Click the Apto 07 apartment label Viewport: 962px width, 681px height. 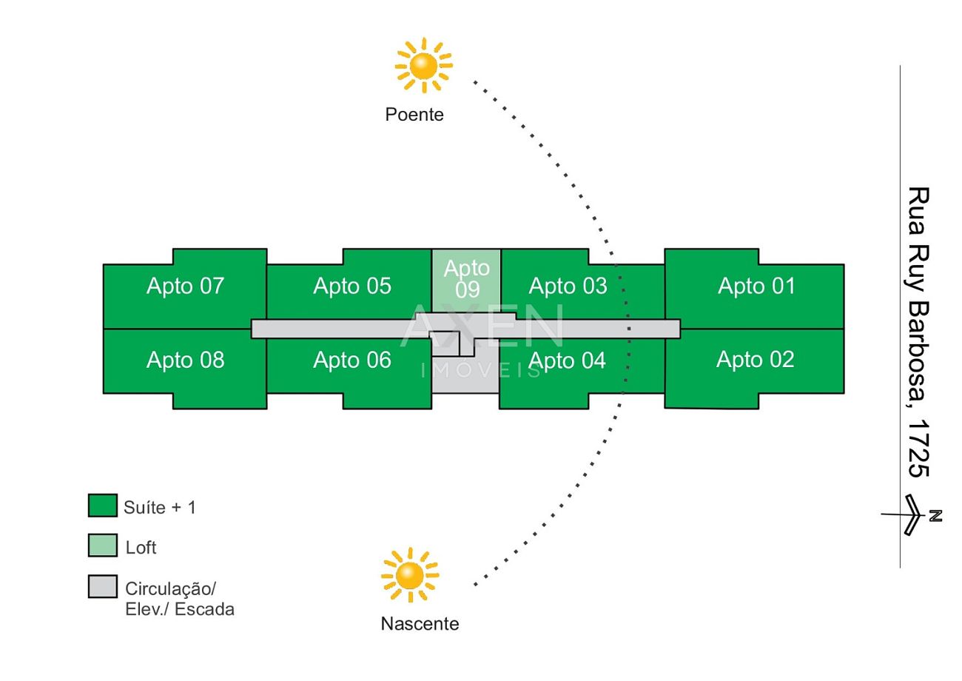point(185,286)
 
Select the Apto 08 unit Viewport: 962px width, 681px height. point(185,360)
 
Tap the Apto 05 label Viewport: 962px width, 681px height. point(351,286)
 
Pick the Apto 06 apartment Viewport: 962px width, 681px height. point(351,360)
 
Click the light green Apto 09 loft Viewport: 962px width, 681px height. point(466,279)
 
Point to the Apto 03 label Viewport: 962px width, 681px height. point(568,286)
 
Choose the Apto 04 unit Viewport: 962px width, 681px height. point(568,361)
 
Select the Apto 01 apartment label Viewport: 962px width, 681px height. point(756,286)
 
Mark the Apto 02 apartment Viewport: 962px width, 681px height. point(755,360)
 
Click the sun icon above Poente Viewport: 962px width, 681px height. point(423,65)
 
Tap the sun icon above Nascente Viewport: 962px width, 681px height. point(409,575)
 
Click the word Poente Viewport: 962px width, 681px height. point(414,115)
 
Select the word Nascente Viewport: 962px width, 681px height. point(420,624)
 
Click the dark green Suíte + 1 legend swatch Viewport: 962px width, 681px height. point(103,506)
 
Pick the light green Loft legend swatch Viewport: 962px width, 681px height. point(103,546)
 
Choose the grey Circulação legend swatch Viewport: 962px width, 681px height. point(103,586)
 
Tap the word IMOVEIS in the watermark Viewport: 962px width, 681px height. point(482,369)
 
